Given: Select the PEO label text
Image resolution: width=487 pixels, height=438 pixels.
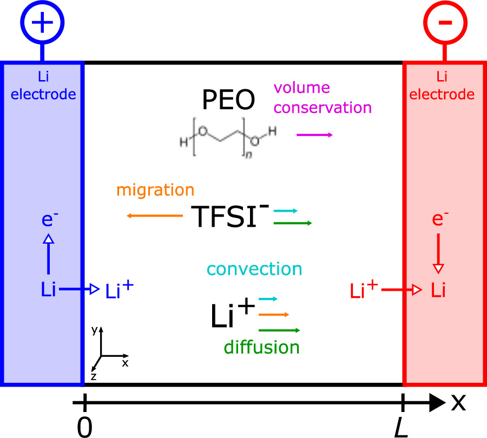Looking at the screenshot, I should [x=228, y=100].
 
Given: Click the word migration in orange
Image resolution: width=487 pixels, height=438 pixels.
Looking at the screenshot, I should [x=155, y=191].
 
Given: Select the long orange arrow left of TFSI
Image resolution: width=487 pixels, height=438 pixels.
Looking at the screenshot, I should [x=155, y=216].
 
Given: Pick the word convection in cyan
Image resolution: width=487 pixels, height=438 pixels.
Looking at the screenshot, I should [x=254, y=269].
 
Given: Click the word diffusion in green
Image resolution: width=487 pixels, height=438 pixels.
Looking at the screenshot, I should [x=261, y=347].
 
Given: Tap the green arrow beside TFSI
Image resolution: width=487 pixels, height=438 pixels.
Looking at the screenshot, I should [x=293, y=223].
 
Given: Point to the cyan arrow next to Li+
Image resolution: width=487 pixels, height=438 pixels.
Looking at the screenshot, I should [x=268, y=298].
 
